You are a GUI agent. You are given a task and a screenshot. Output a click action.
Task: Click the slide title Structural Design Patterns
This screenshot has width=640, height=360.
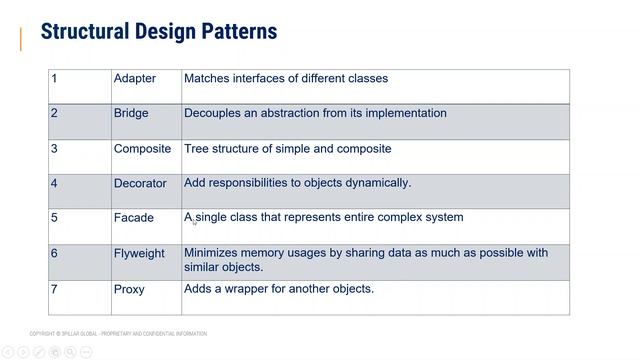[x=158, y=32]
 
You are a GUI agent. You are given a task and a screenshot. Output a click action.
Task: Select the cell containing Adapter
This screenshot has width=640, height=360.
[x=135, y=79]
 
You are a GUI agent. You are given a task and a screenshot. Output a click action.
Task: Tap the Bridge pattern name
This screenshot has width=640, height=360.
[x=131, y=114]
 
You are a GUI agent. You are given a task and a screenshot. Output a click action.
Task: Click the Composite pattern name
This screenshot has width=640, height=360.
[x=142, y=149]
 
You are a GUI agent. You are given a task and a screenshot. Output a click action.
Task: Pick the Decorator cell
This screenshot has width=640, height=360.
[x=140, y=184]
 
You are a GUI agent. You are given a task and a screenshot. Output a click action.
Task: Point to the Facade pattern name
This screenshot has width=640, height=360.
[x=134, y=218]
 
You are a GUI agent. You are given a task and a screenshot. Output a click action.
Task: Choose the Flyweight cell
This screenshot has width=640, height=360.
[x=139, y=254]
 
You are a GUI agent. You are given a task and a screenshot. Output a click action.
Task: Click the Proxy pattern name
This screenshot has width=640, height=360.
[x=129, y=290]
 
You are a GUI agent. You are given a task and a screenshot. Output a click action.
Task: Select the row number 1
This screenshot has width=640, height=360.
[x=54, y=79]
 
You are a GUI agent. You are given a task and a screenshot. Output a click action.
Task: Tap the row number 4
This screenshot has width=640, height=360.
[x=54, y=184]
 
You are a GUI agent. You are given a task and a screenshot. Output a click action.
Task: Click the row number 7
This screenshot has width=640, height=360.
[x=54, y=290]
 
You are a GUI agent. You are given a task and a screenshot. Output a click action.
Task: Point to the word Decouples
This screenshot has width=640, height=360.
[x=213, y=114]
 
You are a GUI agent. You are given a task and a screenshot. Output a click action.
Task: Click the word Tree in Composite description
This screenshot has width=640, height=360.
[x=196, y=149]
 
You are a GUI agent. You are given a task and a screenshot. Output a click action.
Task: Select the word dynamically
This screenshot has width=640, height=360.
[x=378, y=183]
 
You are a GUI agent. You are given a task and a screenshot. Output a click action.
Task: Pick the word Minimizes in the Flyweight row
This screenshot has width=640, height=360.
[x=211, y=253]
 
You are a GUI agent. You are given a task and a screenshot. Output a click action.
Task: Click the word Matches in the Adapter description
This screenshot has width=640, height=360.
[x=207, y=78]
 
